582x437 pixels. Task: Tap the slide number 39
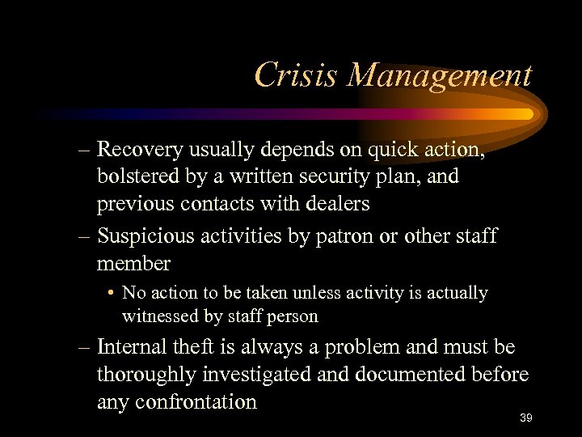click(x=525, y=418)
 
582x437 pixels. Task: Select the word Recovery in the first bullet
click(x=141, y=150)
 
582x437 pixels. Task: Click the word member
click(x=133, y=263)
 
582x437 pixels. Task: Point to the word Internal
click(x=132, y=347)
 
